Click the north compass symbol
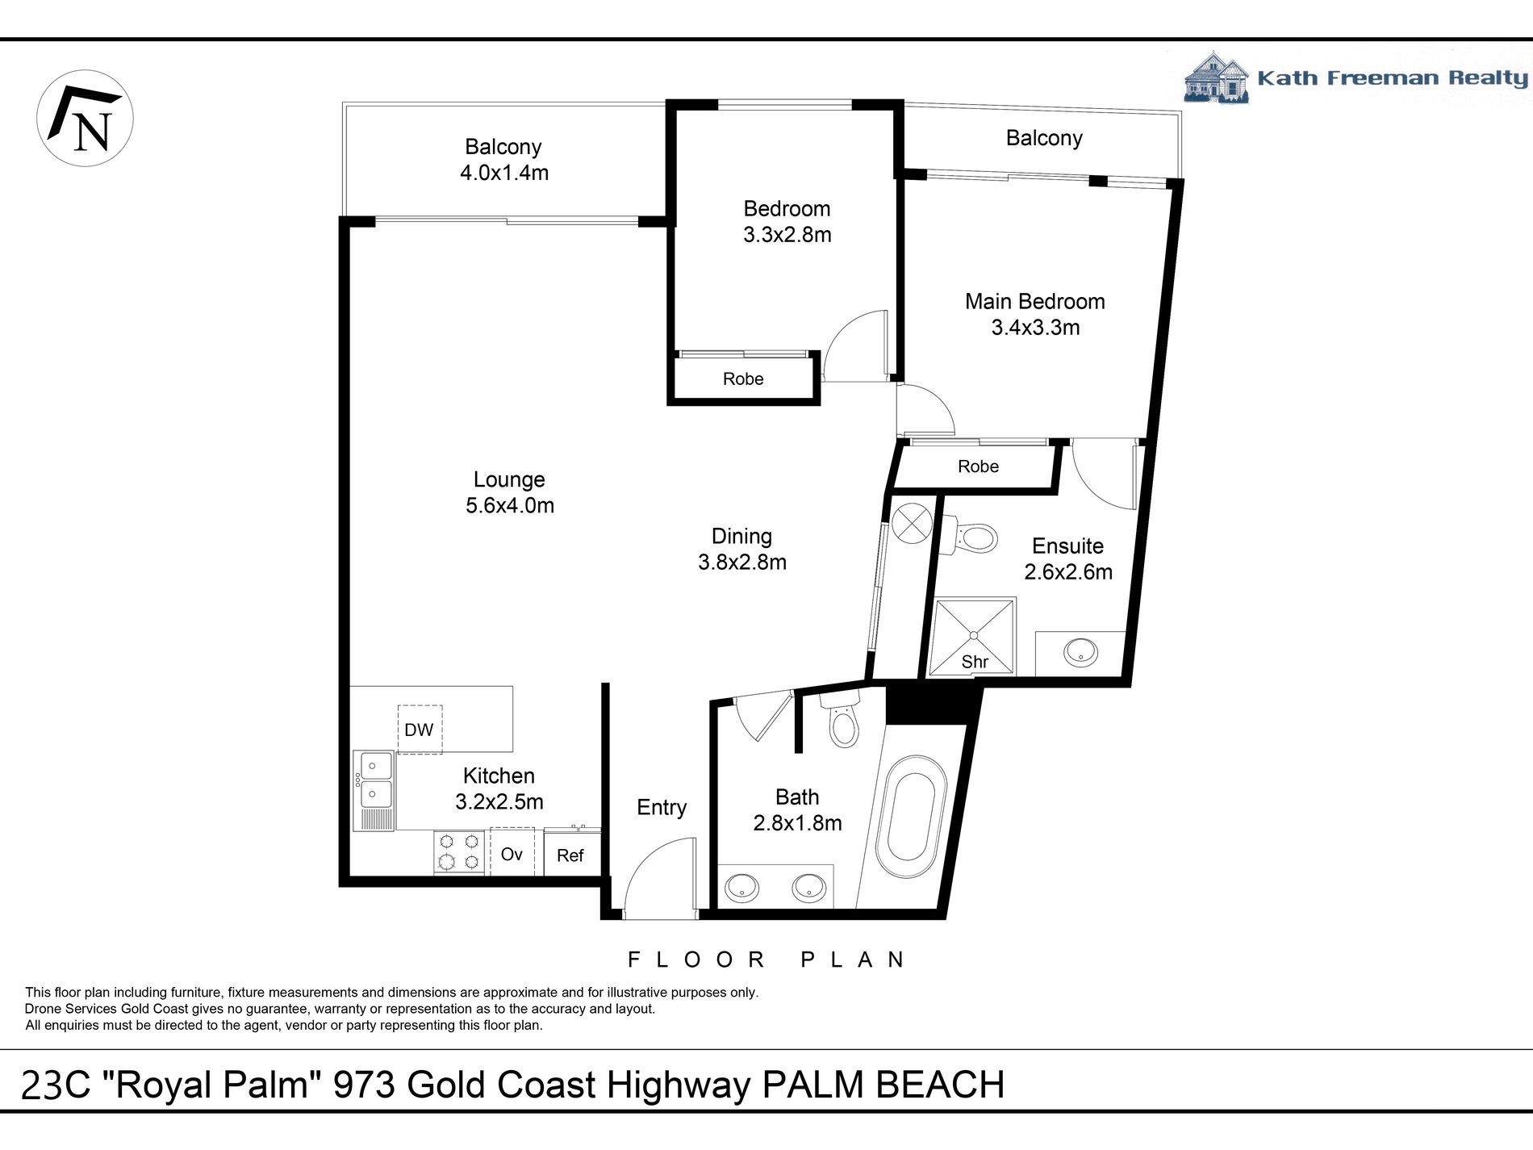tap(85, 119)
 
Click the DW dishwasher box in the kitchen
tap(420, 730)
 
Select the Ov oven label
tap(512, 853)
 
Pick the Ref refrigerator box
tap(570, 855)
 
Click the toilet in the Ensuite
tap(976, 536)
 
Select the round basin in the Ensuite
tap(1080, 651)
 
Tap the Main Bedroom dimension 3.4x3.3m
tap(1035, 328)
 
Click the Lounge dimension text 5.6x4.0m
tap(509, 506)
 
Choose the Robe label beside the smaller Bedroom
tap(743, 378)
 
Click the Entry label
tap(662, 807)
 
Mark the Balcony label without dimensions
tap(1043, 138)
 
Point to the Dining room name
tap(741, 536)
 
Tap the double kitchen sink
tap(376, 779)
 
